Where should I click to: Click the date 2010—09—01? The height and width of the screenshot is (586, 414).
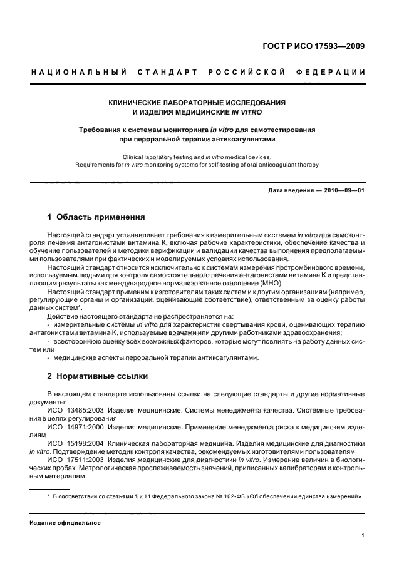coord(343,191)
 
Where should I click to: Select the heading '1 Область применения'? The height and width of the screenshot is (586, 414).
coord(96,217)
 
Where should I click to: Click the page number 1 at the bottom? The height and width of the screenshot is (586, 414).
coord(363,535)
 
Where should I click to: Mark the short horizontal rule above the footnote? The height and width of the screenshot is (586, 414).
coord(50,488)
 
